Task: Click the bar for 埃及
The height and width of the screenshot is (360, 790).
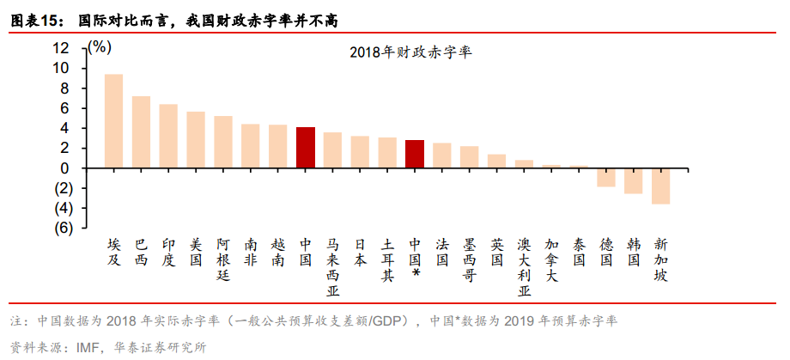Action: [113, 121]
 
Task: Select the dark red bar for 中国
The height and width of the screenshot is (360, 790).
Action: [305, 148]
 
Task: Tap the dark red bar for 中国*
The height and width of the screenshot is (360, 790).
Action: [415, 154]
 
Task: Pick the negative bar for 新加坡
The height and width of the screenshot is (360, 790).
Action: [660, 186]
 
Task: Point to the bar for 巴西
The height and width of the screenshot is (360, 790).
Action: [141, 132]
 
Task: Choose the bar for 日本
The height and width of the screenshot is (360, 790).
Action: [360, 152]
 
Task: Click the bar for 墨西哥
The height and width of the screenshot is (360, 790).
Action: [469, 157]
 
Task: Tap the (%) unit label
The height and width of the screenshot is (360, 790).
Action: [99, 47]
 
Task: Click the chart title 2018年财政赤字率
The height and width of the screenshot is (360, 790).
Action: [411, 52]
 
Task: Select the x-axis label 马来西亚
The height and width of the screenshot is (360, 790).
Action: [333, 267]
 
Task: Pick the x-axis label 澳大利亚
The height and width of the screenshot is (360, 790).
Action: [524, 267]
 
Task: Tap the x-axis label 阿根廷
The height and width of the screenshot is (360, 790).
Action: [222, 259]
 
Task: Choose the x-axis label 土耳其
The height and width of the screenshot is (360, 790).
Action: [387, 259]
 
